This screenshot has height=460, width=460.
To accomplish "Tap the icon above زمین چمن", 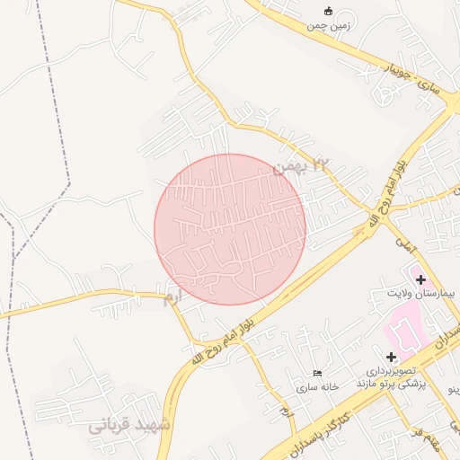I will pos(328,12).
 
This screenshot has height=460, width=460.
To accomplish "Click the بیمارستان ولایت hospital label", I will pos(414,294).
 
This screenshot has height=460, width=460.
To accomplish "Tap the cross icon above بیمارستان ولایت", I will pos(420,279).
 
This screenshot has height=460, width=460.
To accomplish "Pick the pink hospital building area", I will pos(406,330).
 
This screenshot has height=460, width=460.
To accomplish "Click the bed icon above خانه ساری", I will pos(316,373).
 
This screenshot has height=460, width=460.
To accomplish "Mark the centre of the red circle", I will pos(230,229).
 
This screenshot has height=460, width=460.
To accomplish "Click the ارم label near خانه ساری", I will pos(286,411).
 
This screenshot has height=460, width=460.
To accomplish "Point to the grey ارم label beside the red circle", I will pos(171,297).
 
